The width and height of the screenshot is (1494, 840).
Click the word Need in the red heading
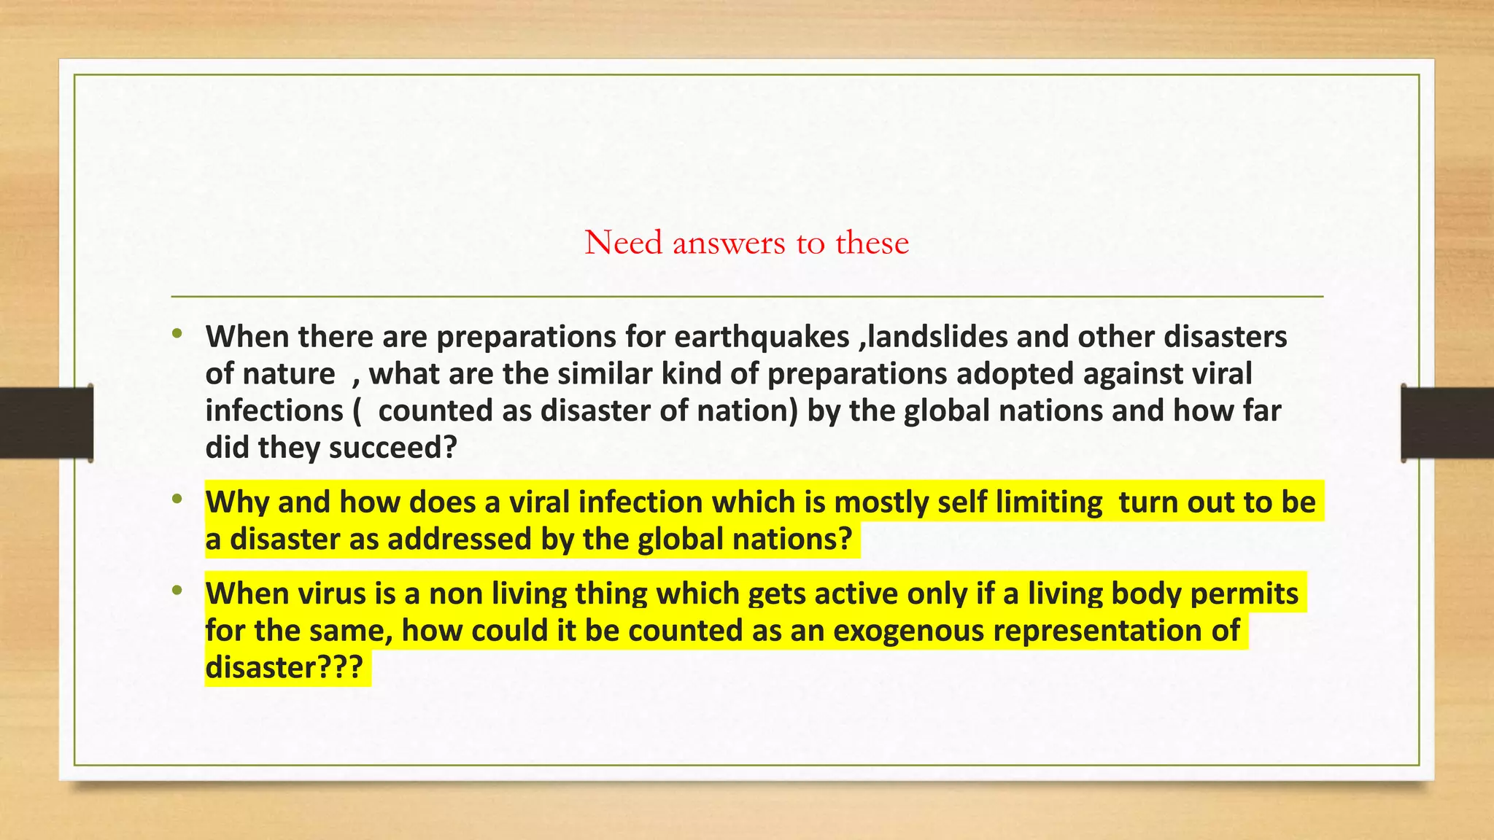click(x=623, y=243)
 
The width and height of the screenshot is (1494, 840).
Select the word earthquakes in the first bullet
click(x=762, y=337)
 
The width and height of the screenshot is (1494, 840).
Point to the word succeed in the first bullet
click(x=400, y=448)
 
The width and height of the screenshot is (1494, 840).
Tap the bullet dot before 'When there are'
click(x=177, y=335)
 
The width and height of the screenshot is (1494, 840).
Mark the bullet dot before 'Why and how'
click(x=177, y=500)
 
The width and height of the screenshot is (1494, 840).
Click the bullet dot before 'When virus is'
click(x=177, y=591)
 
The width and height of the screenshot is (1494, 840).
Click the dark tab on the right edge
click(x=1447, y=423)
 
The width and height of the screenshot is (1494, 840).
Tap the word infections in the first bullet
click(x=274, y=411)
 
